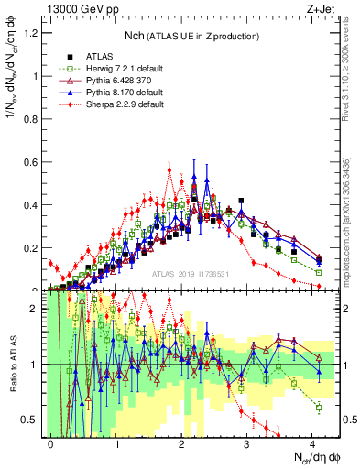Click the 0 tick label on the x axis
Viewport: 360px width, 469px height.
[51, 442]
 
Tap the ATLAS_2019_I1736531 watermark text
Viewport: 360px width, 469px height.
[190, 273]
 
